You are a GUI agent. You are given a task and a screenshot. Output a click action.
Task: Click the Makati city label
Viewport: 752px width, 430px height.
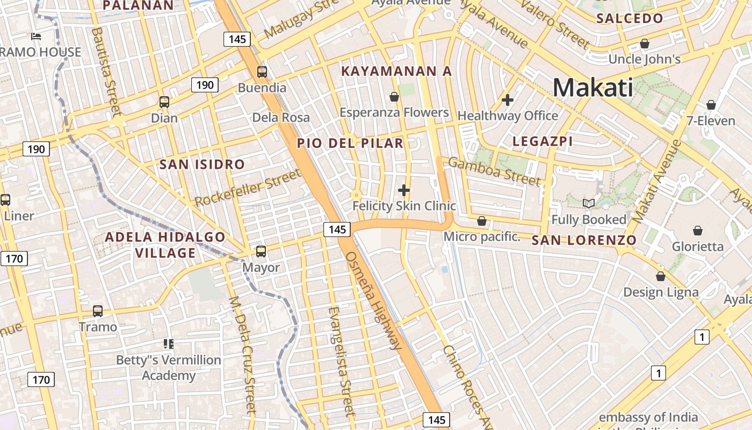click(x=592, y=87)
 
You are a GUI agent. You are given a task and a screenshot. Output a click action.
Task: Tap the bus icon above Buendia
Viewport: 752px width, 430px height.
click(x=262, y=71)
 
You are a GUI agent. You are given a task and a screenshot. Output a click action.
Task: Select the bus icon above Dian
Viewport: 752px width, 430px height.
click(x=164, y=102)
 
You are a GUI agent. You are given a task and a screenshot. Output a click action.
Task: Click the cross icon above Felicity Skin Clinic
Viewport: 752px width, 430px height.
click(x=404, y=190)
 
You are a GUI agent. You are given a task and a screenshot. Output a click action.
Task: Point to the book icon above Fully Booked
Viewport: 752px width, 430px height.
click(x=589, y=203)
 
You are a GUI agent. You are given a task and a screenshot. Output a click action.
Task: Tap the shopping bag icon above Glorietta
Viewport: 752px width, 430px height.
click(x=697, y=231)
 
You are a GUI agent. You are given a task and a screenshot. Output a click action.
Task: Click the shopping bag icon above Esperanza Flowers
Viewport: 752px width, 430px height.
click(x=394, y=97)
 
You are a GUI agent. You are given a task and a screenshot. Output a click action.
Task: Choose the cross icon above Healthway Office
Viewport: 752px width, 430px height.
click(x=507, y=100)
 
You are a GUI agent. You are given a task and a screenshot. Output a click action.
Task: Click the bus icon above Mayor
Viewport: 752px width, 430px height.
click(x=261, y=251)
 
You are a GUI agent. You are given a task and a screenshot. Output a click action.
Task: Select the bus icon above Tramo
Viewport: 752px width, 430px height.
click(x=98, y=311)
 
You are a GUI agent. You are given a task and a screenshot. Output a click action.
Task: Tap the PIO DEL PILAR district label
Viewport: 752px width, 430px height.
click(x=350, y=143)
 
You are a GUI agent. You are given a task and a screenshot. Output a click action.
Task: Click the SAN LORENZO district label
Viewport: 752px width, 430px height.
click(x=584, y=240)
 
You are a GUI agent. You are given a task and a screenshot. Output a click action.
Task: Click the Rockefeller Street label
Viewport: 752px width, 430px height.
click(x=248, y=188)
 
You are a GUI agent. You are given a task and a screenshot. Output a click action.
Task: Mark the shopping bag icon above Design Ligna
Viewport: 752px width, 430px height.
click(x=661, y=276)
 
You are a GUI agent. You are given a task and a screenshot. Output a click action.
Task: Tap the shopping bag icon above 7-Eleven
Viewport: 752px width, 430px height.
click(x=711, y=105)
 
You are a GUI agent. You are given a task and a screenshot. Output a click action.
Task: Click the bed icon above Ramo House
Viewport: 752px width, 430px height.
click(x=36, y=37)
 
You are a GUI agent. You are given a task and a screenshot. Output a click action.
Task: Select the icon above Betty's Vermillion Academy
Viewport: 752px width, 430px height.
click(x=169, y=343)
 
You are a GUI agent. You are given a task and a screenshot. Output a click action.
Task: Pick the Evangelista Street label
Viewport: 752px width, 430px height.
click(x=341, y=361)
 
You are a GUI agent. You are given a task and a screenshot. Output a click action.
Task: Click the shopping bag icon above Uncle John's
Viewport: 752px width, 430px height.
click(x=645, y=44)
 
